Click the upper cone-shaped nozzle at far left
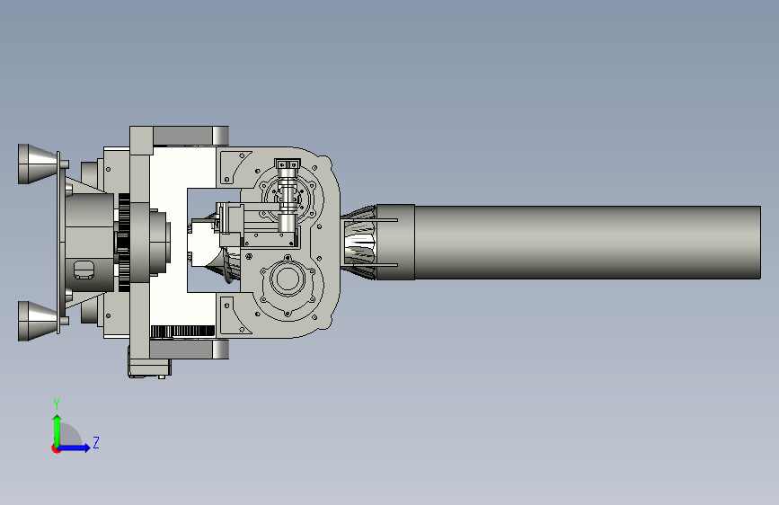38,164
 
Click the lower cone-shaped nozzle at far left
38,321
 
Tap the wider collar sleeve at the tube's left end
395,242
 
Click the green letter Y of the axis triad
57,403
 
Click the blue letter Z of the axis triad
96,442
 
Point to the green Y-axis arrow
58,431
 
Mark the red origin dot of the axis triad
56,448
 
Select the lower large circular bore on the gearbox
287,279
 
